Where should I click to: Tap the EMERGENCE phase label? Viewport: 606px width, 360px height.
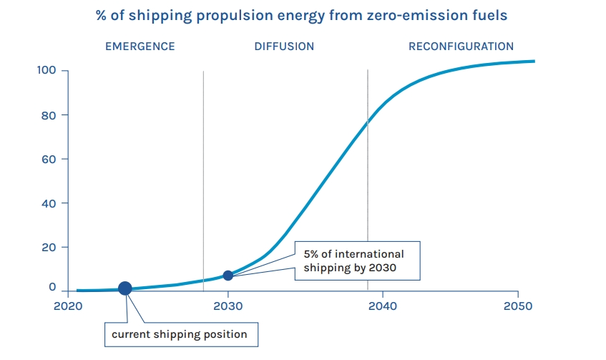(140, 47)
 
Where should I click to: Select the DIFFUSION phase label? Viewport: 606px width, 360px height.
(284, 47)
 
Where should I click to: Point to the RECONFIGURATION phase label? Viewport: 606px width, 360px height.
(461, 47)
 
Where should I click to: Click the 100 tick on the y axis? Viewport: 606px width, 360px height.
(47, 71)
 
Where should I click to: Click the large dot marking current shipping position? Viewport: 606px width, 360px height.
(124, 288)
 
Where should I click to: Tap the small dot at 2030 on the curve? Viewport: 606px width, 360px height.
(228, 276)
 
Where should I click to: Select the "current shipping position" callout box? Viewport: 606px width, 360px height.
(179, 334)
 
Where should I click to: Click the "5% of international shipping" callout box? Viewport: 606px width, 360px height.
(358, 261)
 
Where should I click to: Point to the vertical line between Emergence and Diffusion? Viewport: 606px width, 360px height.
(203, 179)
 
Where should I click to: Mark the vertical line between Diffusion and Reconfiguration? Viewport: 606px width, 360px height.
(368, 179)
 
